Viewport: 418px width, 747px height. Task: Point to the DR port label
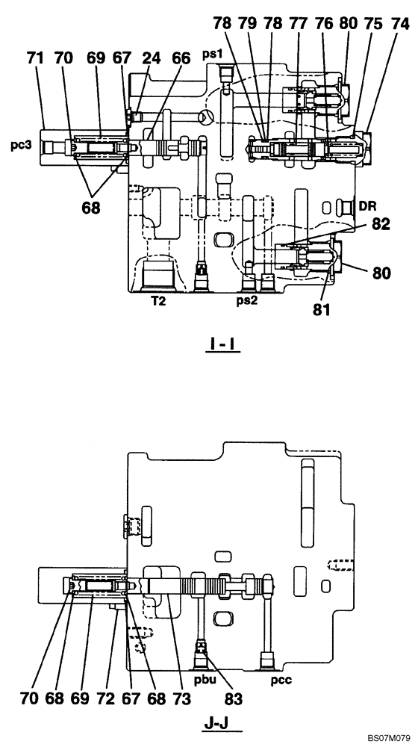point(366,204)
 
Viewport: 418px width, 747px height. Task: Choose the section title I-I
point(224,344)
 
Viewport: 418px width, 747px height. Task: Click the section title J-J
point(224,724)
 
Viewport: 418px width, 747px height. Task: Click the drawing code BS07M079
point(388,738)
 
